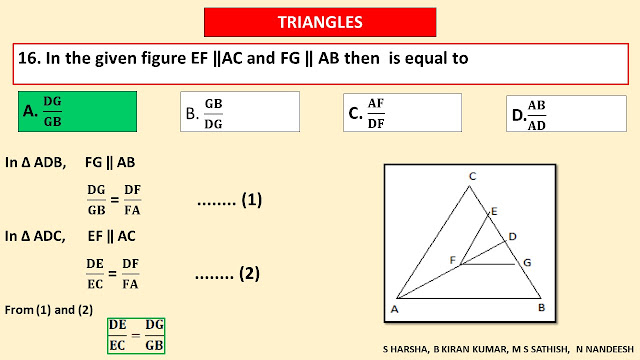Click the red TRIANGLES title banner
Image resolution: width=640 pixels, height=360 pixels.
[320, 22]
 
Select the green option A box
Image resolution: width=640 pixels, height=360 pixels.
[78, 111]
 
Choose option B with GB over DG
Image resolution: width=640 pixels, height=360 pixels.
[240, 111]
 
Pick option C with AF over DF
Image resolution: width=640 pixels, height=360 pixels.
[402, 112]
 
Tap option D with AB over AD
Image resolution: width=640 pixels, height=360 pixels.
[567, 113]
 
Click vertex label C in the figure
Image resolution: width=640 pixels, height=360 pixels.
[473, 176]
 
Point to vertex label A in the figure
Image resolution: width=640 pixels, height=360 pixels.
[394, 309]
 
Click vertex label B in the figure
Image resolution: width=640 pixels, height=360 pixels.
[542, 308]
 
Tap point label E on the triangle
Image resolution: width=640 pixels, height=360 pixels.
[494, 211]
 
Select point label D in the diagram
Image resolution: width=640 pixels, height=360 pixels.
[513, 237]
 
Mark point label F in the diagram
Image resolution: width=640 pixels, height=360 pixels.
[452, 260]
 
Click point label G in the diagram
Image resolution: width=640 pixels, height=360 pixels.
[527, 263]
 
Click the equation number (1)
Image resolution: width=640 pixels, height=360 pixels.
[251, 200]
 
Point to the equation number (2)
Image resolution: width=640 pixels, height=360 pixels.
[249, 273]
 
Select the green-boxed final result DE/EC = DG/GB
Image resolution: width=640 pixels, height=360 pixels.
[136, 336]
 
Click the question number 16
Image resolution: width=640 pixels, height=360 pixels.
[29, 58]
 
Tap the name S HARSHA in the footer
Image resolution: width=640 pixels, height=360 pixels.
[405, 349]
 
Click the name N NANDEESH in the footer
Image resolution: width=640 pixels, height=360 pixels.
[605, 349]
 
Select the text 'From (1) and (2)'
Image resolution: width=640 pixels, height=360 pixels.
[49, 310]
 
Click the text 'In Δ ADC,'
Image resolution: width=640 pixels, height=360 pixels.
[35, 236]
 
